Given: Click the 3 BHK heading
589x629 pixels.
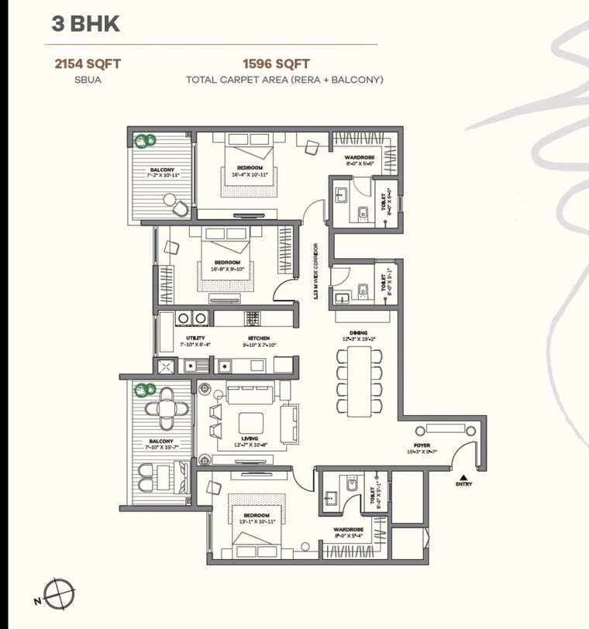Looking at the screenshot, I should pos(86,23).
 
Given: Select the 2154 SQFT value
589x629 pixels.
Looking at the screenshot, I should pos(87,64).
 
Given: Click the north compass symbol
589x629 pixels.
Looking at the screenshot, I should pos(59,594).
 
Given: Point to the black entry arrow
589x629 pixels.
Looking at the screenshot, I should pos(463,477).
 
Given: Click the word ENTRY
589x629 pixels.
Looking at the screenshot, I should pos(463,485).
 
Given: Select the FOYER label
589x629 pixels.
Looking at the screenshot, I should pos(422,446).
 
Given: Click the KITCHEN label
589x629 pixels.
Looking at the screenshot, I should pos(259,339).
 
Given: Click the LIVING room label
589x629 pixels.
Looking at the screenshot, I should pos(249,438).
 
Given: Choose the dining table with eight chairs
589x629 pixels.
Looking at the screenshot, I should pos(359,380).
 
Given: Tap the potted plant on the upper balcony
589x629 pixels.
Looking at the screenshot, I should pos(143,141).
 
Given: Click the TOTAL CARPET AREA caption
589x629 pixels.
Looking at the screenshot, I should pos(284,80).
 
